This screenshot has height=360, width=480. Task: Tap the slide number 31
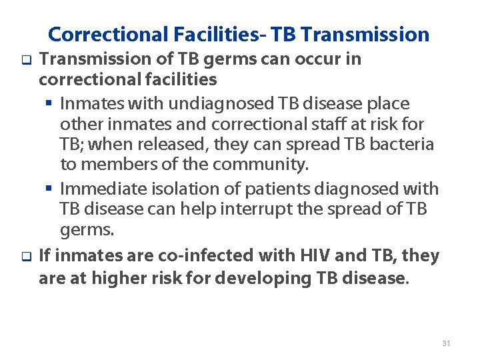[446, 343]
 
